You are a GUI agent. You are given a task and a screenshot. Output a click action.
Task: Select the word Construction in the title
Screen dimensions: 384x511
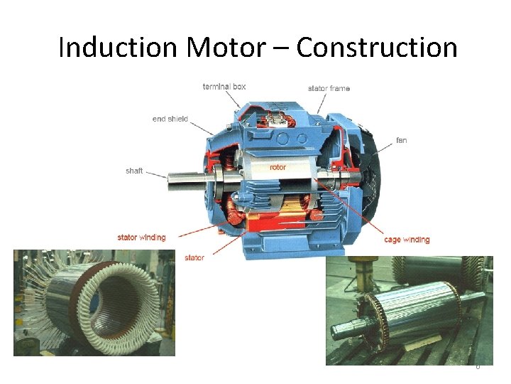[377, 48]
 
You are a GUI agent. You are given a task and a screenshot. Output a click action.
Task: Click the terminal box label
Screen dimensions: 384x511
[224, 87]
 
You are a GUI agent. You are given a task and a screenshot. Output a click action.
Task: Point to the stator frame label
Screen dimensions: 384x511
[329, 89]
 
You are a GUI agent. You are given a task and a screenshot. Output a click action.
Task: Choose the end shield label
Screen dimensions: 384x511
[170, 119]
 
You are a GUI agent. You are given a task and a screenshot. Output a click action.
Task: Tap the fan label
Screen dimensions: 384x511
[402, 140]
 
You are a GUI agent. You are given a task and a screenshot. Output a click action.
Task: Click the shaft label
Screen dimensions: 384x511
[134, 171]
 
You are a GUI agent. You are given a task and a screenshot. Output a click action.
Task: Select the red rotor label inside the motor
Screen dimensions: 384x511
[278, 167]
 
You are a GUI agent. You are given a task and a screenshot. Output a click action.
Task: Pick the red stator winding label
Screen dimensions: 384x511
[141, 238]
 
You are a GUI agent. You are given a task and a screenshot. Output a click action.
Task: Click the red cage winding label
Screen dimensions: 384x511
[407, 240]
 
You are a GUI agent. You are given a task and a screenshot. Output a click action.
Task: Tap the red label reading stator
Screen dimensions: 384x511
[194, 257]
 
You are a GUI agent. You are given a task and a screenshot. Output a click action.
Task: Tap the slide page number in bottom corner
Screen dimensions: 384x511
[478, 366]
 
